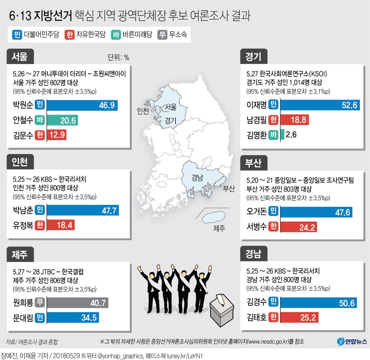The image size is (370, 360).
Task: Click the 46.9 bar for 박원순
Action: (82, 105)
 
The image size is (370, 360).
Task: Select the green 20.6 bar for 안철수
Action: (62, 120)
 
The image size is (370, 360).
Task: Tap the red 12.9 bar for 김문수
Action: (57, 135)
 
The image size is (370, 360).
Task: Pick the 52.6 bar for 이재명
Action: (320, 105)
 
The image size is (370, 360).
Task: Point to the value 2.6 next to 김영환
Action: (291, 135)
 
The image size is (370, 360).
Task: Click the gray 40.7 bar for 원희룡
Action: (77, 303)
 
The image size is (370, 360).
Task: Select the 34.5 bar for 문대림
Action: (73, 318)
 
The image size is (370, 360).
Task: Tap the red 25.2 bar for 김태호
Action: (299, 318)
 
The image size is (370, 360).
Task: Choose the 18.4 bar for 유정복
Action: (61, 225)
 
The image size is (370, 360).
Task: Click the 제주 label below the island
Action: (219, 228)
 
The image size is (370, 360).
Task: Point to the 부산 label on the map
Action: (228, 189)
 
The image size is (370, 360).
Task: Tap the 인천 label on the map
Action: (143, 111)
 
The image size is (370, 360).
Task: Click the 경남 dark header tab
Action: (253, 254)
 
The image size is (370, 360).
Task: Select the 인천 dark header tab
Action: (20, 162)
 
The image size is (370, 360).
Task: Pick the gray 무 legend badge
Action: (162, 35)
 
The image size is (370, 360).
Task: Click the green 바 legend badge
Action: (116, 35)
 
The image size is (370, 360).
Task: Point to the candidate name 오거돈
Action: (256, 212)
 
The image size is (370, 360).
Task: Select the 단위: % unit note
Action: (118, 57)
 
